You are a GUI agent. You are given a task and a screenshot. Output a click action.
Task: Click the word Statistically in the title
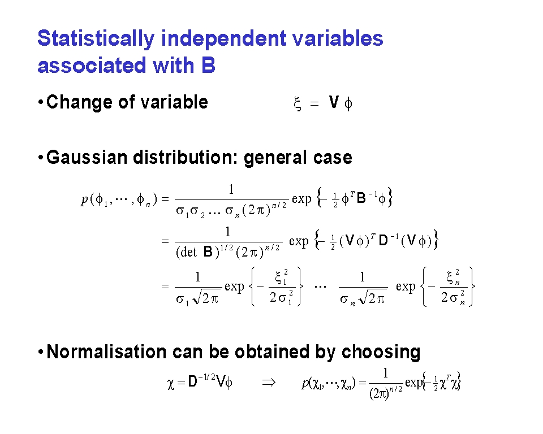point(96,39)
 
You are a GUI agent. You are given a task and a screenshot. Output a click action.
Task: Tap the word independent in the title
point(223,38)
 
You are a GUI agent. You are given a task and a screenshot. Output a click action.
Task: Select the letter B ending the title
point(208,65)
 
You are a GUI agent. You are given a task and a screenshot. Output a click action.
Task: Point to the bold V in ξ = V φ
point(334,102)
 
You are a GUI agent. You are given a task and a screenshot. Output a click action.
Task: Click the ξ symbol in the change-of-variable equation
point(297,103)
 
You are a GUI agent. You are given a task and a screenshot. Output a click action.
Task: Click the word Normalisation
point(106,352)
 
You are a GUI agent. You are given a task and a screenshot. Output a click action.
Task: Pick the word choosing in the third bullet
point(381,353)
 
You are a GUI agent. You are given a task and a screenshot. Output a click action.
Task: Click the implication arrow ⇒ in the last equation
point(269,383)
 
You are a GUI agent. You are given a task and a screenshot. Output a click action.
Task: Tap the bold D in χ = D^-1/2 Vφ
point(192,382)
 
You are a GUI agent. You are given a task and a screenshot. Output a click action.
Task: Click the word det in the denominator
point(188,252)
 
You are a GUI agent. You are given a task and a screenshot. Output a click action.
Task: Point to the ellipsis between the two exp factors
point(320,287)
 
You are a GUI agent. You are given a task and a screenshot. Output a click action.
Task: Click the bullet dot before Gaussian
point(41,158)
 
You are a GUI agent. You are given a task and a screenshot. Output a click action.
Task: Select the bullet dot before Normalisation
point(41,352)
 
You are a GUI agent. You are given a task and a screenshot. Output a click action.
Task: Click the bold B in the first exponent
point(361,198)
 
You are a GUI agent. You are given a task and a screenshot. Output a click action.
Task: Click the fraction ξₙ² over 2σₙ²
point(453,287)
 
